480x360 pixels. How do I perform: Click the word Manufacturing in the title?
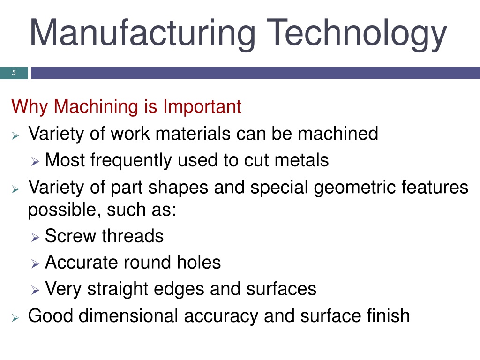(x=142, y=33)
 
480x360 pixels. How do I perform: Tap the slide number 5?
(x=14, y=73)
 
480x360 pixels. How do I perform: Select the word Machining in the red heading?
(x=96, y=106)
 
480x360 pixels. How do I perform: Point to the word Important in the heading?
(x=202, y=106)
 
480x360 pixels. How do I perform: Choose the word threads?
(x=133, y=236)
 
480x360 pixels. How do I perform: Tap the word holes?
(x=199, y=262)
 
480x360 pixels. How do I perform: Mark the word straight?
(x=118, y=289)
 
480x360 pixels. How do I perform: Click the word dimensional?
(x=128, y=315)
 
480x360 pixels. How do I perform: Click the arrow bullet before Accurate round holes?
(x=35, y=263)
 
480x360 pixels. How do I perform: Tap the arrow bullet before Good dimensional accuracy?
(x=15, y=318)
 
